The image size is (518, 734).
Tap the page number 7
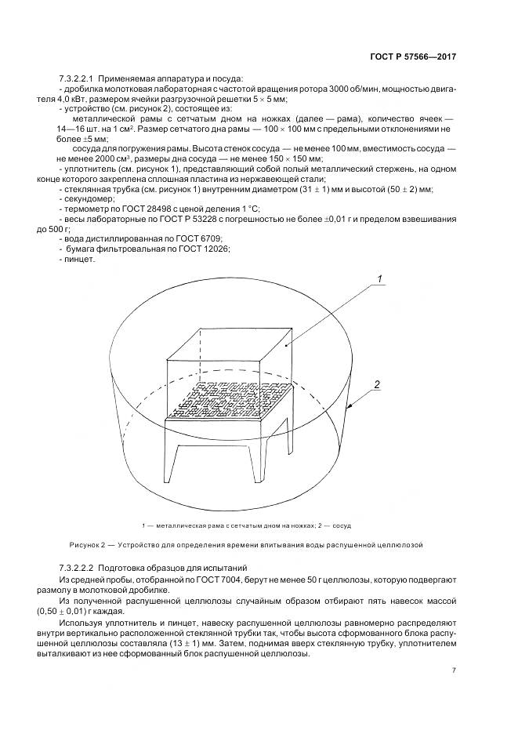[x=454, y=670]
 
